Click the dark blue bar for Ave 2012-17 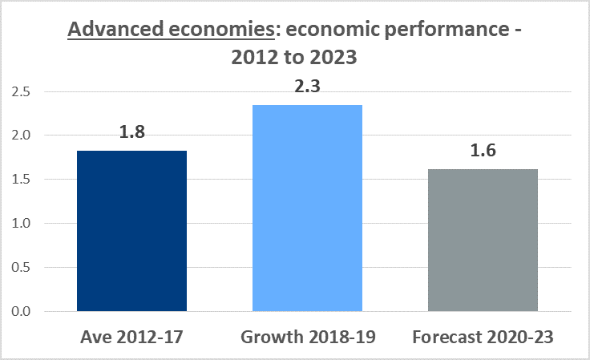click(131, 231)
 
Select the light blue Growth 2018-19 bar click(307, 208)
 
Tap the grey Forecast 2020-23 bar click(483, 240)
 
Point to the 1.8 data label click(132, 131)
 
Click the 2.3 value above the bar click(307, 86)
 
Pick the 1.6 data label click(483, 150)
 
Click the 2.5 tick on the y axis click(21, 91)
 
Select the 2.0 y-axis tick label click(21, 135)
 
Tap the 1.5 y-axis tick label click(21, 179)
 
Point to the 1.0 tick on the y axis click(21, 223)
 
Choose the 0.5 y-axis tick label click(21, 267)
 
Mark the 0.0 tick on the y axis click(21, 311)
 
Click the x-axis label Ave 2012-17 click(131, 337)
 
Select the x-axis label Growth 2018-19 click(308, 337)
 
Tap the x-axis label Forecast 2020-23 click(483, 337)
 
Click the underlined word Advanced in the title click(115, 29)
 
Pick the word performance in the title click(447, 30)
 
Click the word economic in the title click(332, 30)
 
